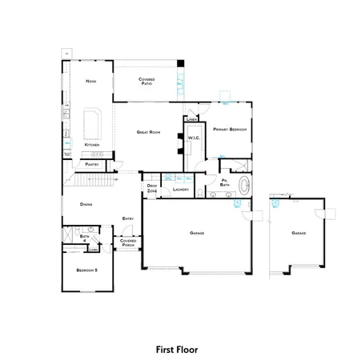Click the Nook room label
pyautogui.click(x=90, y=82)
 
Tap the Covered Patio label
pyautogui.click(x=146, y=81)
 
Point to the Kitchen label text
pyautogui.click(x=92, y=145)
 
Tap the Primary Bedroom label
pyautogui.click(x=230, y=128)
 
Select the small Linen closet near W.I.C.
pyautogui.click(x=191, y=119)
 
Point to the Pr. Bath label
pyautogui.click(x=227, y=183)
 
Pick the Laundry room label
pyautogui.click(x=180, y=190)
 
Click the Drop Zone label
pyautogui.click(x=152, y=188)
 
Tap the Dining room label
pyautogui.click(x=86, y=204)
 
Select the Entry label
pyautogui.click(x=128, y=218)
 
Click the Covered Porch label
pyautogui.click(x=128, y=242)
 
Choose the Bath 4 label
pyautogui.click(x=85, y=238)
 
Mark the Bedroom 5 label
pyautogui.click(x=86, y=270)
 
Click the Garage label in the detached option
pyautogui.click(x=299, y=232)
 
